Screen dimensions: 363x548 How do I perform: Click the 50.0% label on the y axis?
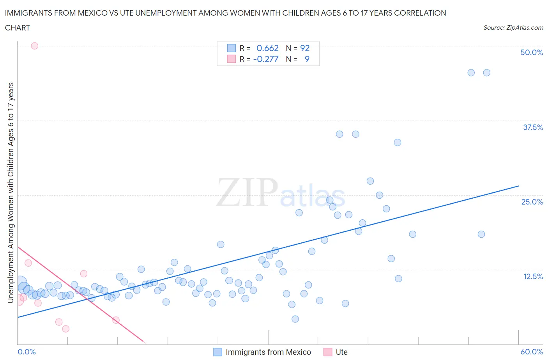pos(531,52)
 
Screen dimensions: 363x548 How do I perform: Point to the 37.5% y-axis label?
pos(532,127)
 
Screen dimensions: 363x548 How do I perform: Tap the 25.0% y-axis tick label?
pos(532,202)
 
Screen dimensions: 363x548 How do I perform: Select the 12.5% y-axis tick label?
pos(532,276)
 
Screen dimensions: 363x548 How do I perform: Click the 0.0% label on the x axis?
pos(27,352)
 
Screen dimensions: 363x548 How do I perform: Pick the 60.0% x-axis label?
pos(531,352)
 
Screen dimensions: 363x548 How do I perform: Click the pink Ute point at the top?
pos(34,46)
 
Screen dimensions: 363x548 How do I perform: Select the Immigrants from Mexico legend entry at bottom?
pos(268,352)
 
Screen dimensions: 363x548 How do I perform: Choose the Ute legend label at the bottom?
pos(341,352)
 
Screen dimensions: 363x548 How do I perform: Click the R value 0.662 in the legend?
pos(267,48)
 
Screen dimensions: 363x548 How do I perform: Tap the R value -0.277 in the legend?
pos(266,59)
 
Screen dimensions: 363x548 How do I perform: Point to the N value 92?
pos(305,48)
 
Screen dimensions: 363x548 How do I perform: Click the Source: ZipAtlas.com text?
pos(513,27)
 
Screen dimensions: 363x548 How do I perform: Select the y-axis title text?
pos(11,192)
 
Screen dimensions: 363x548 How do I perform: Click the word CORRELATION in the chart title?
pos(420,13)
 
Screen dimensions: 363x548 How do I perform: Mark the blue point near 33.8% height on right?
pos(397,142)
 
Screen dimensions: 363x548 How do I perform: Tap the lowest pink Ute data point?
pos(66,329)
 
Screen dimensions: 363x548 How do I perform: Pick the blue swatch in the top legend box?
pos(232,48)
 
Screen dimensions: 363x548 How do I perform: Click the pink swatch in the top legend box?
pos(232,59)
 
